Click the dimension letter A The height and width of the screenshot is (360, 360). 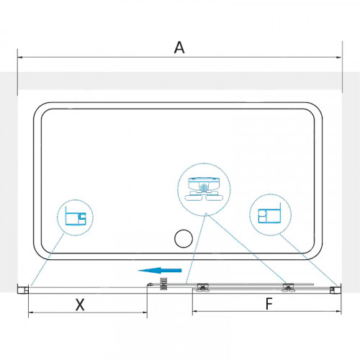179,48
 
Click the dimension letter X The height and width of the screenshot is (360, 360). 80,305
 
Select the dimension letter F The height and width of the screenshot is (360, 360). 269,304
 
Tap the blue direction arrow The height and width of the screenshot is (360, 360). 160,271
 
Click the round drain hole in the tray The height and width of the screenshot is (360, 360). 184,238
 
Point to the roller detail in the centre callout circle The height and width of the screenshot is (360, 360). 204,189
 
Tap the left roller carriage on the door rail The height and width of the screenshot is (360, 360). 203,287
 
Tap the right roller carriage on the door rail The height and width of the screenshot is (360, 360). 288,287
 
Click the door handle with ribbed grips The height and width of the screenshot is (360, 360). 163,284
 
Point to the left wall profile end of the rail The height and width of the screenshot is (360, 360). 23,289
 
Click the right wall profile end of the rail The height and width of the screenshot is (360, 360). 336,289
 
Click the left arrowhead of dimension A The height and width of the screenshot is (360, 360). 20,58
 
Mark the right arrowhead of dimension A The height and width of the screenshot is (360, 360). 339,58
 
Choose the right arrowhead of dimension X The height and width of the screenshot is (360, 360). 145,312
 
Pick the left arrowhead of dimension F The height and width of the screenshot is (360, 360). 195,311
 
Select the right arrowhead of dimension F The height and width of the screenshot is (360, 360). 338,311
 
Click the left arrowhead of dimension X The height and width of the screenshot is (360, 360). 31,312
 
